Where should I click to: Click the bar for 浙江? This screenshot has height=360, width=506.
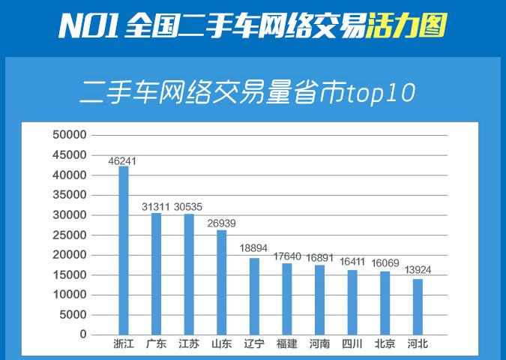[x=124, y=250]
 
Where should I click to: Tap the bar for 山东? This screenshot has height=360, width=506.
[x=221, y=282]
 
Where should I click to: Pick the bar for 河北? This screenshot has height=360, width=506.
[x=418, y=307]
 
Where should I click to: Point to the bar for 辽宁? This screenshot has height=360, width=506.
[x=254, y=296]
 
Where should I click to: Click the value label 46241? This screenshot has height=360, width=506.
[x=122, y=160]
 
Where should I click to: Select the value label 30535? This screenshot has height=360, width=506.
[x=187, y=206]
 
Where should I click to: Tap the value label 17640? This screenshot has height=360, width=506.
[x=286, y=256]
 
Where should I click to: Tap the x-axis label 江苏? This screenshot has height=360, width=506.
[x=188, y=345]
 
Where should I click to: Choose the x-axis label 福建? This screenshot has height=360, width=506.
[x=286, y=345]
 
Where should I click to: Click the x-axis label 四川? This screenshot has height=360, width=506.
[x=352, y=345]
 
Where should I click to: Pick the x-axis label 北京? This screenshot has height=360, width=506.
[x=385, y=345]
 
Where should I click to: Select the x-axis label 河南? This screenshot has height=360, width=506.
[x=319, y=345]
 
